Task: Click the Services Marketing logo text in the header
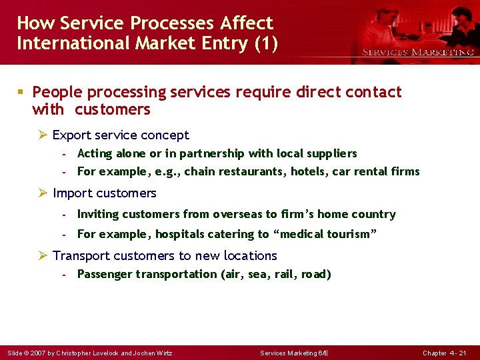[x=418, y=52]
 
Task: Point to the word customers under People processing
[x=113, y=109]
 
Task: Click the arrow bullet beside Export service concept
[x=43, y=135]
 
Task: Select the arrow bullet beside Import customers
[x=43, y=193]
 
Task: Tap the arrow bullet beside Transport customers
[x=43, y=256]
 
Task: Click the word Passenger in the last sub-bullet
[x=105, y=274]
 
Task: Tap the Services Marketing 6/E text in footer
[x=294, y=353]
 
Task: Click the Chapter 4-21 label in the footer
[x=444, y=353]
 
